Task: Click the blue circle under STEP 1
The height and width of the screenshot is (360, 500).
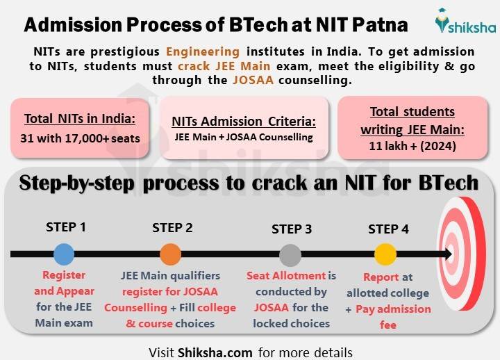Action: point(63,254)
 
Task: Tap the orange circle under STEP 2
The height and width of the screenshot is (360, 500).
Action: point(170,254)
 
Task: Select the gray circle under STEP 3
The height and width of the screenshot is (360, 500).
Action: point(290,254)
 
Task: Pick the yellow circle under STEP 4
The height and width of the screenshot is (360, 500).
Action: point(385,254)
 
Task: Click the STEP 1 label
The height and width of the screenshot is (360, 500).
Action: point(66,227)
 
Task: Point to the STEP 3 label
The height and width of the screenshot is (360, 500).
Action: point(292,229)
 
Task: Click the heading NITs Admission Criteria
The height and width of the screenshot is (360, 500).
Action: point(244,122)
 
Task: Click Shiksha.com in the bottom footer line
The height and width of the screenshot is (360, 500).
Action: point(215,352)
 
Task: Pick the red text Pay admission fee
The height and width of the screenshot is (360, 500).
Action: point(392,316)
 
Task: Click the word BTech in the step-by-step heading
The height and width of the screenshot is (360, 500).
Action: point(444,183)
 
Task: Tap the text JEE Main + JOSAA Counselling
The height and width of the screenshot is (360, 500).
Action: point(244,137)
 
